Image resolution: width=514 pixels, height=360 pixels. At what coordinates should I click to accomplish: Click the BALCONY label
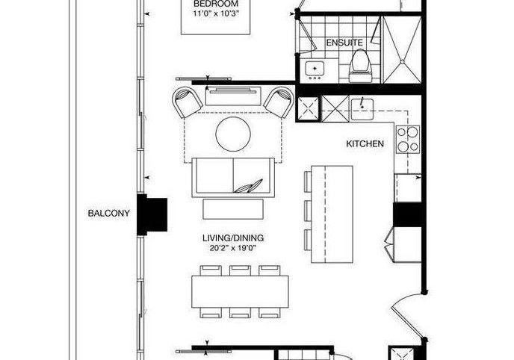[x=108, y=214]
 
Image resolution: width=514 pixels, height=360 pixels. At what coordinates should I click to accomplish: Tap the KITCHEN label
[x=365, y=143]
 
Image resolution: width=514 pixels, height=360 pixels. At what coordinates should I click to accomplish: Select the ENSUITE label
[x=344, y=43]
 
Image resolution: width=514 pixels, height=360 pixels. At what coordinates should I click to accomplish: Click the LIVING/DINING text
[x=233, y=238]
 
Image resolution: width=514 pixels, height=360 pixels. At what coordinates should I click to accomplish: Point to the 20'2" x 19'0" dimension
[x=233, y=248]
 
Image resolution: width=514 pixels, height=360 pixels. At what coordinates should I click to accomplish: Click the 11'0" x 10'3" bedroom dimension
[x=216, y=13]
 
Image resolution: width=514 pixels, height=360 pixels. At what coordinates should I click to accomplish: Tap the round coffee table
[x=233, y=134]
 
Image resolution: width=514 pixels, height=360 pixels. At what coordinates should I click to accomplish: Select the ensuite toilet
[x=360, y=66]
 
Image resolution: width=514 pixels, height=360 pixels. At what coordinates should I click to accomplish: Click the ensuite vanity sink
[x=315, y=69]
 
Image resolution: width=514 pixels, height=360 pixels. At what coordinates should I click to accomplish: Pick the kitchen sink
[x=362, y=109]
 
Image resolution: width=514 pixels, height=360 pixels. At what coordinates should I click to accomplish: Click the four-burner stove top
[x=408, y=140]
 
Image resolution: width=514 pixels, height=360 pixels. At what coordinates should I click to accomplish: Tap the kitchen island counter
[x=332, y=214]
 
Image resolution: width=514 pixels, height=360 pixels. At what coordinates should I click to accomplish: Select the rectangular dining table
[x=240, y=291]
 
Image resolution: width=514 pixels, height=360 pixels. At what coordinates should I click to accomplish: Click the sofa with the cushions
[x=233, y=178]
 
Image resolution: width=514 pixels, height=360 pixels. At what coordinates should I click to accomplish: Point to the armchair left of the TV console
[x=188, y=102]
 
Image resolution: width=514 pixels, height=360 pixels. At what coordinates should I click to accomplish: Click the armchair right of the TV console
[x=279, y=102]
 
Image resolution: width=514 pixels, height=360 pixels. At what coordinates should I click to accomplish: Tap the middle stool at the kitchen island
[x=308, y=211]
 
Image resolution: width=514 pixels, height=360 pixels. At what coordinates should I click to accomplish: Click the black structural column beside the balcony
[x=152, y=214]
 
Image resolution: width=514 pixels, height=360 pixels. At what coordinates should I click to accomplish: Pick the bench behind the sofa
[x=233, y=209]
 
